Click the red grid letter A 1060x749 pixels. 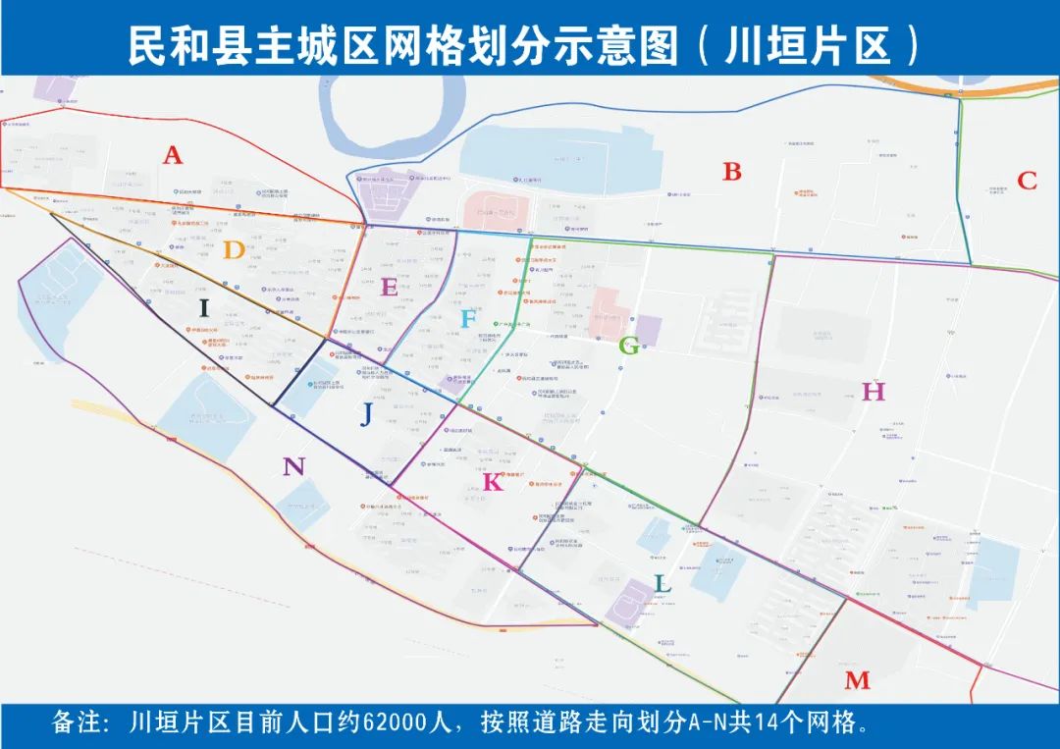[x=173, y=155]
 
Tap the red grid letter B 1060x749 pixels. [x=732, y=172]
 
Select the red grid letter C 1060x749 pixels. [x=1027, y=181]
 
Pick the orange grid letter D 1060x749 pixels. [x=233, y=250]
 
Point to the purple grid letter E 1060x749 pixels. [x=389, y=288]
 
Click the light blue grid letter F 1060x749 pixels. [x=469, y=319]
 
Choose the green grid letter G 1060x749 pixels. [x=629, y=345]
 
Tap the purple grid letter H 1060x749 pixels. [x=874, y=392]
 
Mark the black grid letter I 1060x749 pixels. [x=204, y=308]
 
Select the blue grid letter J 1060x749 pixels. [x=366, y=415]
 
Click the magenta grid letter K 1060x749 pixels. [x=493, y=482]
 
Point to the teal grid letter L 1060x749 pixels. [x=663, y=584]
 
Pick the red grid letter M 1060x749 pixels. [x=857, y=680]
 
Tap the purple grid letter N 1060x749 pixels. [x=293, y=466]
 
